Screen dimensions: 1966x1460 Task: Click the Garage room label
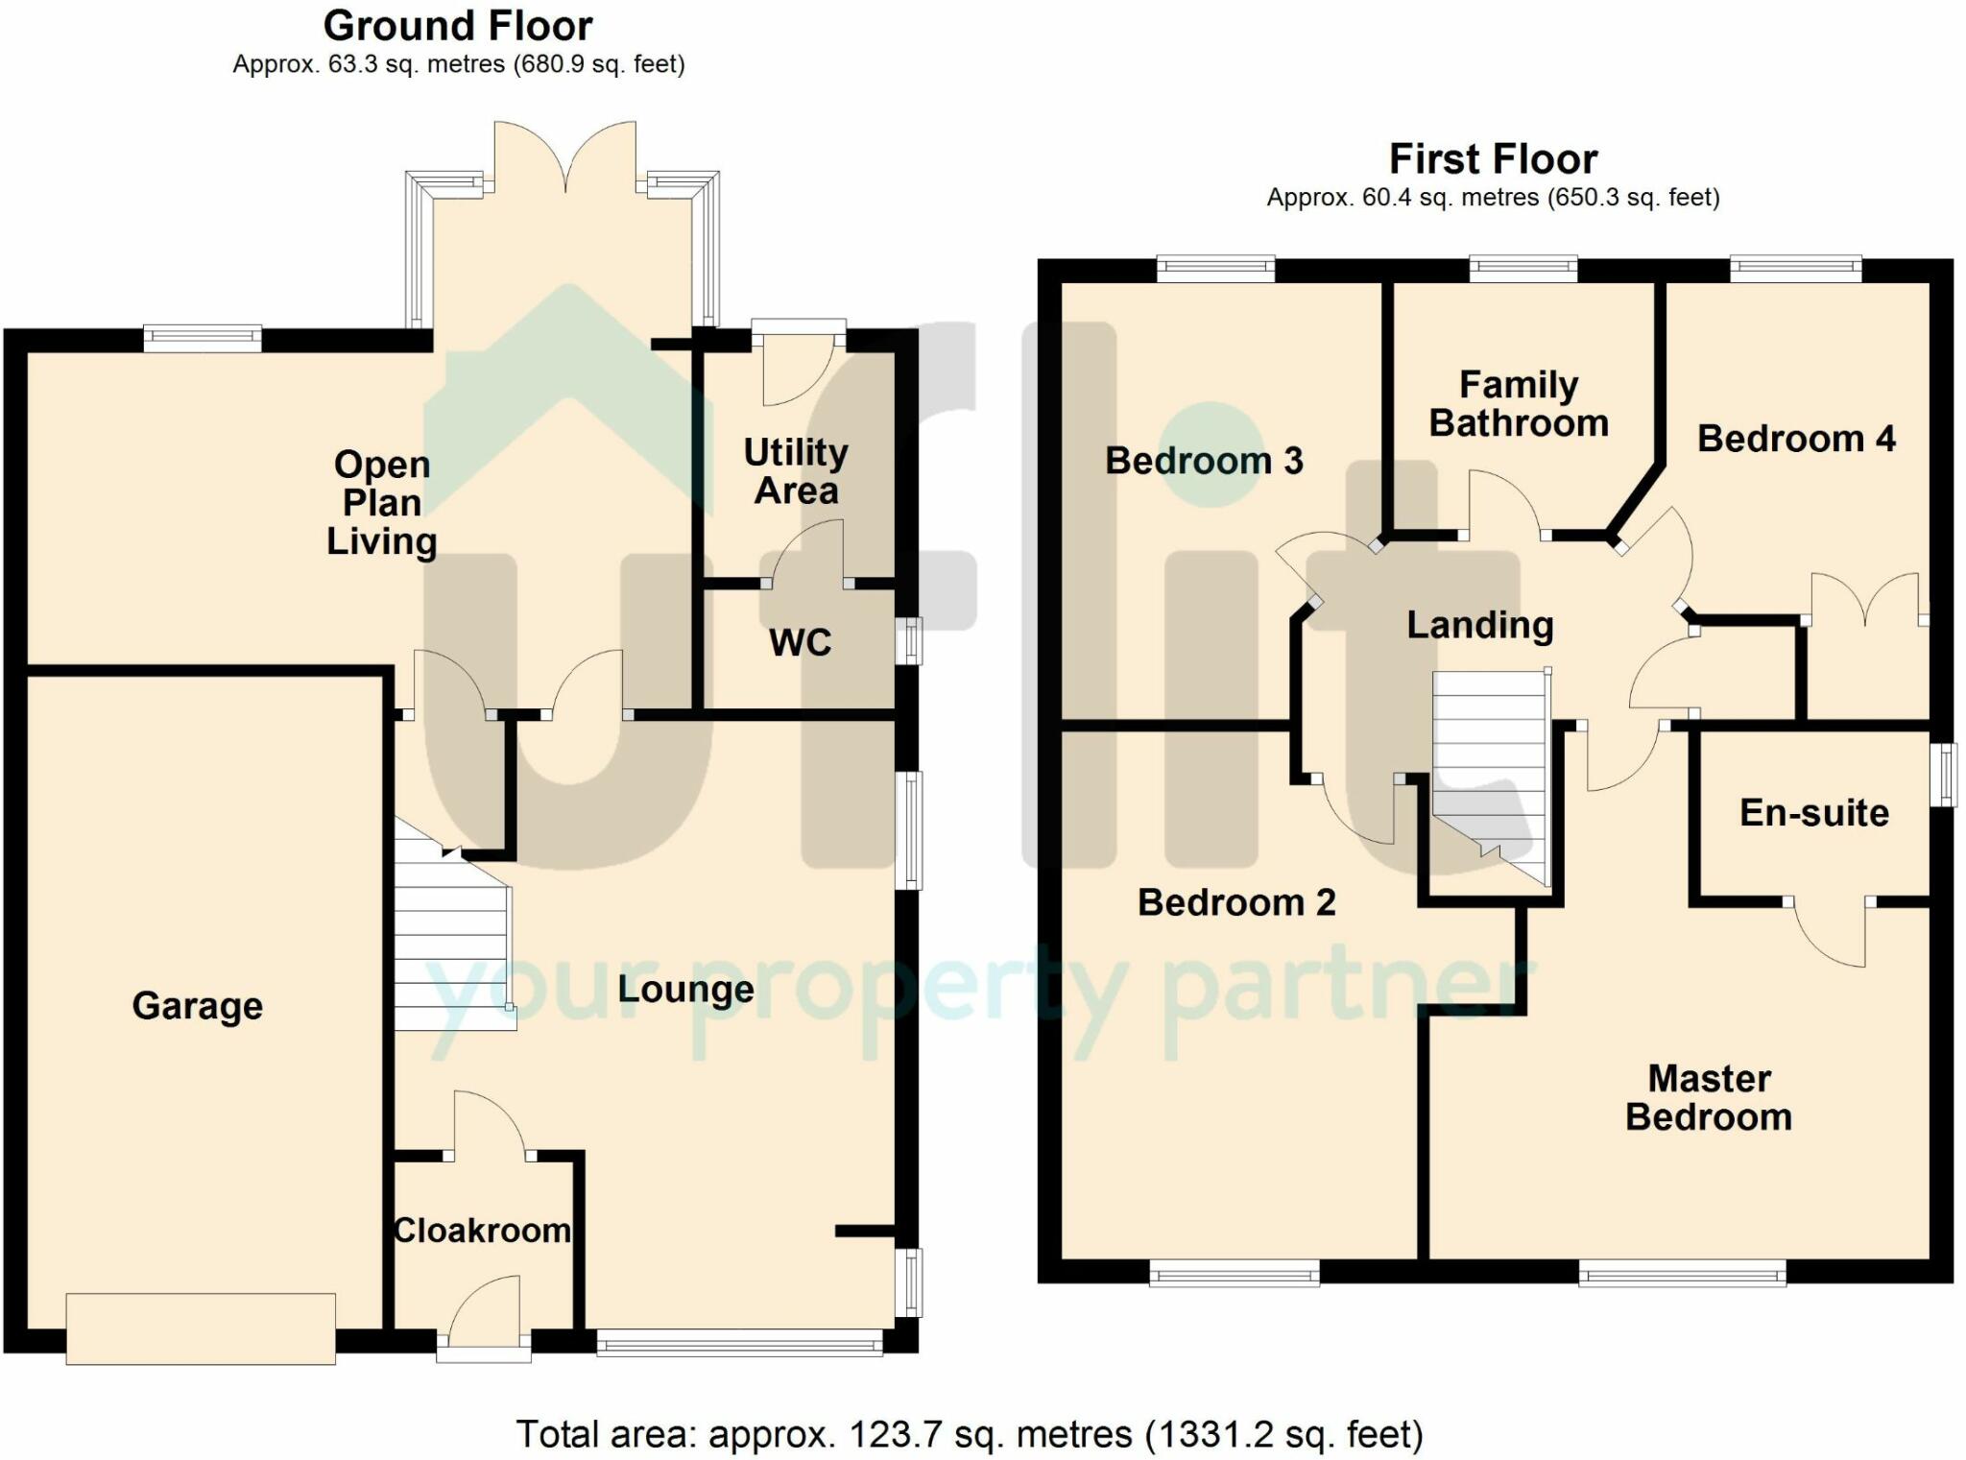(x=198, y=1006)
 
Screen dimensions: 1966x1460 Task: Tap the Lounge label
(x=685, y=989)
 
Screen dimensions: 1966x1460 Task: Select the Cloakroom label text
(x=483, y=1231)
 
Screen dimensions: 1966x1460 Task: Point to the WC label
(x=801, y=642)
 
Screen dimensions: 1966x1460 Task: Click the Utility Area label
(x=796, y=471)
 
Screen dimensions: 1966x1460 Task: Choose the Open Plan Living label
(x=382, y=502)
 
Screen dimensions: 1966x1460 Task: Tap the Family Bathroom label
(x=1519, y=404)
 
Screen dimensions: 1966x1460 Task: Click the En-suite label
(x=1814, y=813)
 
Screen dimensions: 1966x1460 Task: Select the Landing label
(x=1480, y=625)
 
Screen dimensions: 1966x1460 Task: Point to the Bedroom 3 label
(x=1204, y=461)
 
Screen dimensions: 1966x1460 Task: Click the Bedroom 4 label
(x=1796, y=439)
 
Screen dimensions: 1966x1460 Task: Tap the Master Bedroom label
(x=1709, y=1098)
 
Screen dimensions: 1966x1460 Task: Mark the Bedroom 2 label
(x=1236, y=902)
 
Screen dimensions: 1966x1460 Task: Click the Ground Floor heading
(x=458, y=26)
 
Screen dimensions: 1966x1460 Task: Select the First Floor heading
(x=1493, y=158)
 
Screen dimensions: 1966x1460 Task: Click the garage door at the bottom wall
(x=201, y=1328)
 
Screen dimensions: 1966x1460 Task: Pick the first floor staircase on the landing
(x=1491, y=776)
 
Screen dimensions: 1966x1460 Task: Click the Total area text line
(x=970, y=1434)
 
